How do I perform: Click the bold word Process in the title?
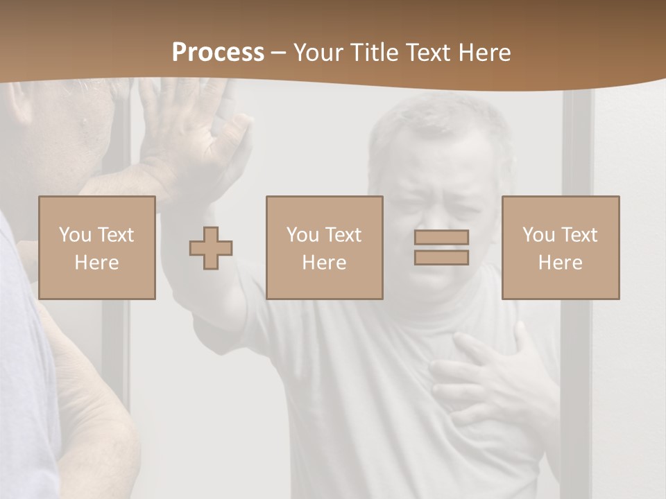click(x=218, y=53)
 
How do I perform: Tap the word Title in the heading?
click(x=375, y=53)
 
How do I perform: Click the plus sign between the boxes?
click(x=211, y=247)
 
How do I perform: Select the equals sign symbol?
click(x=441, y=247)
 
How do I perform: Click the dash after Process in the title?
click(x=278, y=53)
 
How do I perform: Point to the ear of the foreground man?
click(x=17, y=104)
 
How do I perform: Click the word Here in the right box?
click(x=560, y=263)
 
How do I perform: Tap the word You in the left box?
click(x=75, y=235)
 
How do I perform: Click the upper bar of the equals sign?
click(x=441, y=237)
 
